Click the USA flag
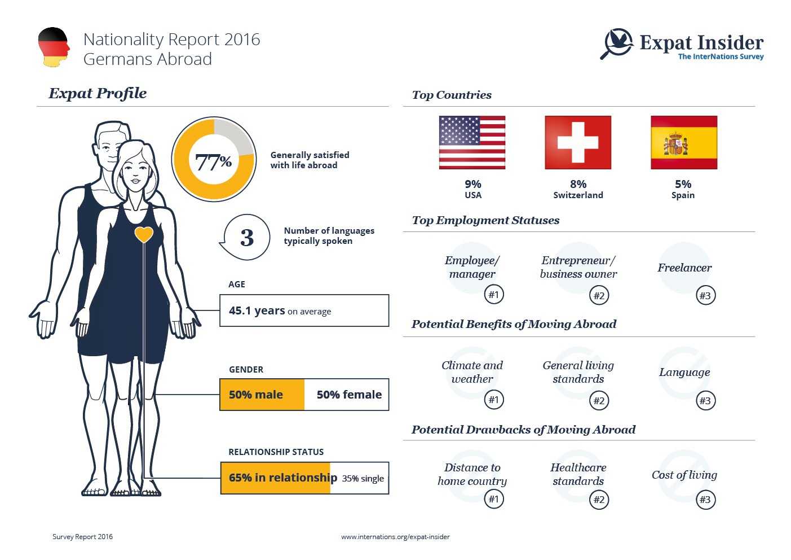pos(472,142)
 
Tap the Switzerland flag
pos(578,142)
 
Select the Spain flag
pos(684,142)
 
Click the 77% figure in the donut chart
pos(214,162)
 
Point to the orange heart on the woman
pos(144,234)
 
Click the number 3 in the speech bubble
pos(247,238)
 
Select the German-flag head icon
pos(54,47)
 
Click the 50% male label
pos(256,395)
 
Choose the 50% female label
pos(349,395)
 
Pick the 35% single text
pos(363,478)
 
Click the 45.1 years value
pos(257,310)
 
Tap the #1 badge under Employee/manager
pos(494,294)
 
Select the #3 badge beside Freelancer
pos(705,295)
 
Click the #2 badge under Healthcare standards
pos(599,500)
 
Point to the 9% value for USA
pos(473,184)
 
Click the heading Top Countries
pos(452,95)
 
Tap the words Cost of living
pos(684,475)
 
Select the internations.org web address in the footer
pos(395,537)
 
